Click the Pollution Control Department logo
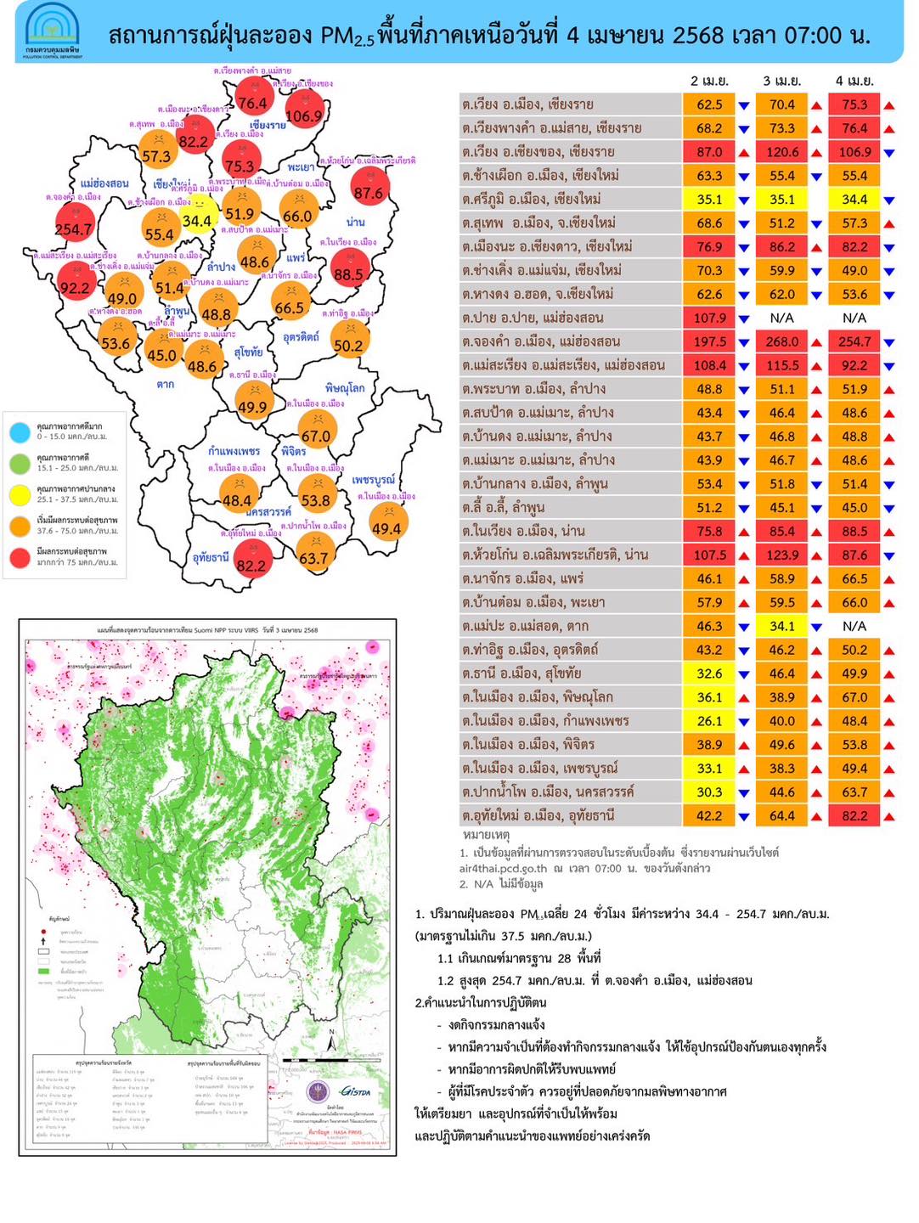53,31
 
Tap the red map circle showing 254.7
74,223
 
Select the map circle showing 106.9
303,110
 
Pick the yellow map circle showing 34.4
197,215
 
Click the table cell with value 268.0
782,341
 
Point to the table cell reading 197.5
709,341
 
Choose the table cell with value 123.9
782,555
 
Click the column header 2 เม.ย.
709,81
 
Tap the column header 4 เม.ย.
854,81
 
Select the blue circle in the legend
20,431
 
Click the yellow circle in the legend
20,494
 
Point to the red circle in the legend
20,557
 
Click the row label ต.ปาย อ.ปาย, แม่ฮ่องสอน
533,318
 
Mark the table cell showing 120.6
782,152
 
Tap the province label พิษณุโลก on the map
345,388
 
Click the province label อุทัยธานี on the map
211,558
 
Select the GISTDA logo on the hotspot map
355,1091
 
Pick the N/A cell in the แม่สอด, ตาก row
854,626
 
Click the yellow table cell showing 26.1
709,721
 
